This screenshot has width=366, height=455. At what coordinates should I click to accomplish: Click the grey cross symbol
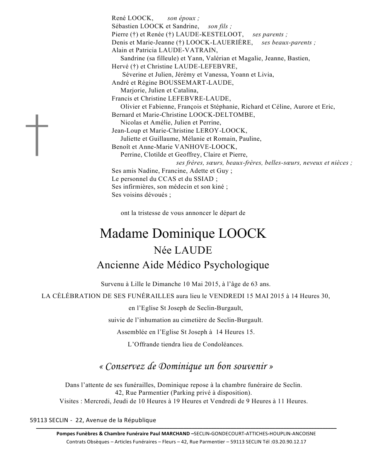click(x=37, y=135)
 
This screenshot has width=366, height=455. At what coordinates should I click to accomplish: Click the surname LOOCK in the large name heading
click(x=242, y=234)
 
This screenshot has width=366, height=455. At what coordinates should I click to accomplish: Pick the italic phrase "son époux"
click(x=183, y=18)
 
